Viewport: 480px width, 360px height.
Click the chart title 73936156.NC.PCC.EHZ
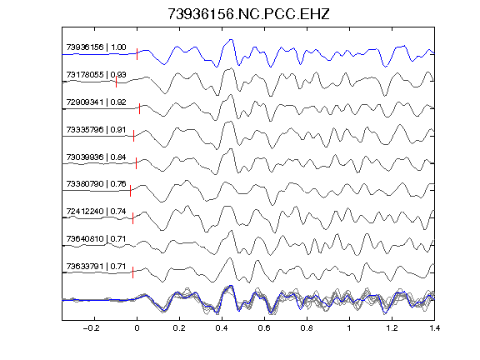tap(248, 14)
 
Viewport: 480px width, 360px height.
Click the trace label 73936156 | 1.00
tap(96, 47)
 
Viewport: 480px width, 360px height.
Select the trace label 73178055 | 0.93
tap(96, 75)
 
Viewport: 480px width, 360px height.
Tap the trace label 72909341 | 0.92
tap(96, 102)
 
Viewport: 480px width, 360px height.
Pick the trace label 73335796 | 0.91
tap(96, 129)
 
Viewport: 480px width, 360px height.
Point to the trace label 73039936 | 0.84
tap(96, 157)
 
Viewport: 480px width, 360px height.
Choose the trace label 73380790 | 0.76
tap(96, 184)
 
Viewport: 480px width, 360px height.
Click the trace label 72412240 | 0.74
tap(96, 211)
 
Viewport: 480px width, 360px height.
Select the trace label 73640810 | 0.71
tap(96, 239)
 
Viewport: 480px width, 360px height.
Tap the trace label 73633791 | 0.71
tap(96, 267)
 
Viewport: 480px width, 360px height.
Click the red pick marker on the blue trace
tap(137, 54)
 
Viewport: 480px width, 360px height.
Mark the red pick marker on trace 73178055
tap(116, 82)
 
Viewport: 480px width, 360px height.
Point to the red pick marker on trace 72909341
tap(139, 108)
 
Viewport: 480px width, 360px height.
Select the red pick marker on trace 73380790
tap(130, 191)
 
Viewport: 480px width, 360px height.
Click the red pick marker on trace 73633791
tap(132, 272)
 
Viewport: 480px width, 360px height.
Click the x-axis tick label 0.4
tap(222, 328)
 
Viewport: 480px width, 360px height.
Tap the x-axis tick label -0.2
tap(92, 328)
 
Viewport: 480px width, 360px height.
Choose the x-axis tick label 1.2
tap(392, 328)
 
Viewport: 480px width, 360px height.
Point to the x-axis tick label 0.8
tap(307, 328)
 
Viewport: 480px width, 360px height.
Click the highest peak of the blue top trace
tap(231, 39)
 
